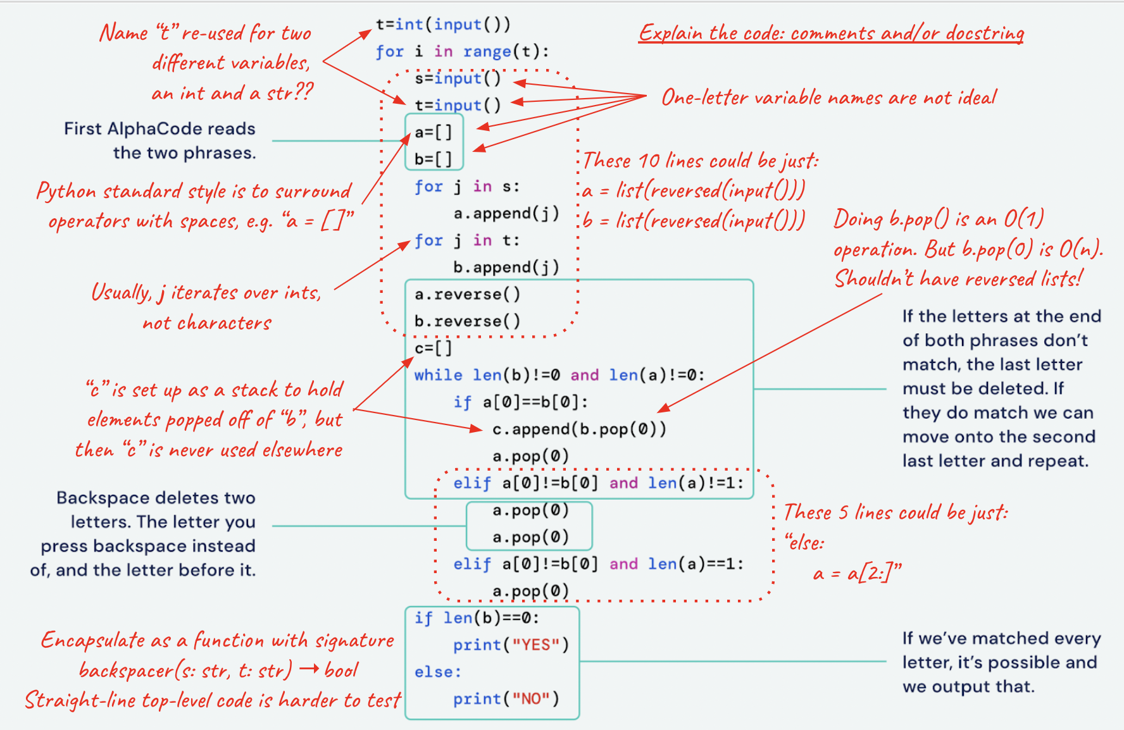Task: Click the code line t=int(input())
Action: pyautogui.click(x=442, y=25)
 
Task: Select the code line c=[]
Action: pyautogui.click(x=434, y=349)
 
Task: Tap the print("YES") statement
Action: pyautogui.click(x=511, y=645)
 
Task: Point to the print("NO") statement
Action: pyautogui.click(x=506, y=699)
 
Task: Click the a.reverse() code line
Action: pyautogui.click(x=467, y=295)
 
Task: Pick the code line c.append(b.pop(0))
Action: pyautogui.click(x=579, y=430)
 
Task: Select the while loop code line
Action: pyautogui.click(x=559, y=375)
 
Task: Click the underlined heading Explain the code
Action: pyautogui.click(x=831, y=33)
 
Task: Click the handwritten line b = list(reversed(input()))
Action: pyautogui.click(x=694, y=220)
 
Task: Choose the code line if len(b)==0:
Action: pyautogui.click(x=476, y=618)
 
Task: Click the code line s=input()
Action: pyautogui.click(x=458, y=78)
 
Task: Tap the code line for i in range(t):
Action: pyautogui.click(x=462, y=52)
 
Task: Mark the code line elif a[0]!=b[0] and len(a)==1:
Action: pyautogui.click(x=598, y=564)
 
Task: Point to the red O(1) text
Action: pyautogui.click(x=1023, y=219)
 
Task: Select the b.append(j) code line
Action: pyautogui.click(x=506, y=268)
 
